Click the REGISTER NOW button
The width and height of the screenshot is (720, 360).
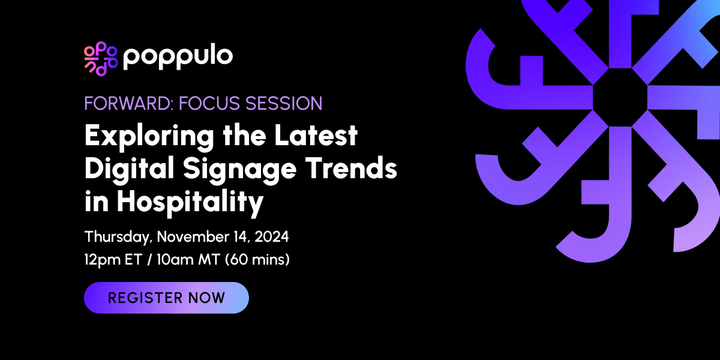coord(166,298)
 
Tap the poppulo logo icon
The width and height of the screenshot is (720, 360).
coord(100,59)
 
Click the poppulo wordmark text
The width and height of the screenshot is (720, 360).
coord(178,57)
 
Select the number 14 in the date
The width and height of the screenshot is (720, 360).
coord(240,237)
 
